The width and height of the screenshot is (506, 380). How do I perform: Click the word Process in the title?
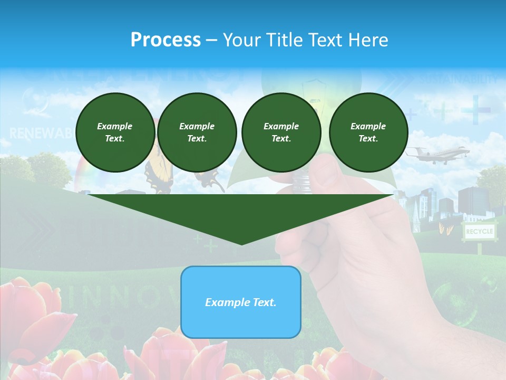[166, 40]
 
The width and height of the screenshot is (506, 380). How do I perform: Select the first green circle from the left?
[115, 132]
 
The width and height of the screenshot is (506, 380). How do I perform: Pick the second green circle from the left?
[197, 132]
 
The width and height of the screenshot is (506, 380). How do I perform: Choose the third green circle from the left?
[281, 132]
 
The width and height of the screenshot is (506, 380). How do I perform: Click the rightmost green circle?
[368, 132]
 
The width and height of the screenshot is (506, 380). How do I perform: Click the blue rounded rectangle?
[241, 302]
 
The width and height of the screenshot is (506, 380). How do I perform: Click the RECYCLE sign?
[479, 232]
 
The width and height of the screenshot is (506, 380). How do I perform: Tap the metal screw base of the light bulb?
[301, 182]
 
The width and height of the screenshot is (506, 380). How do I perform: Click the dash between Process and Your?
[211, 40]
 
